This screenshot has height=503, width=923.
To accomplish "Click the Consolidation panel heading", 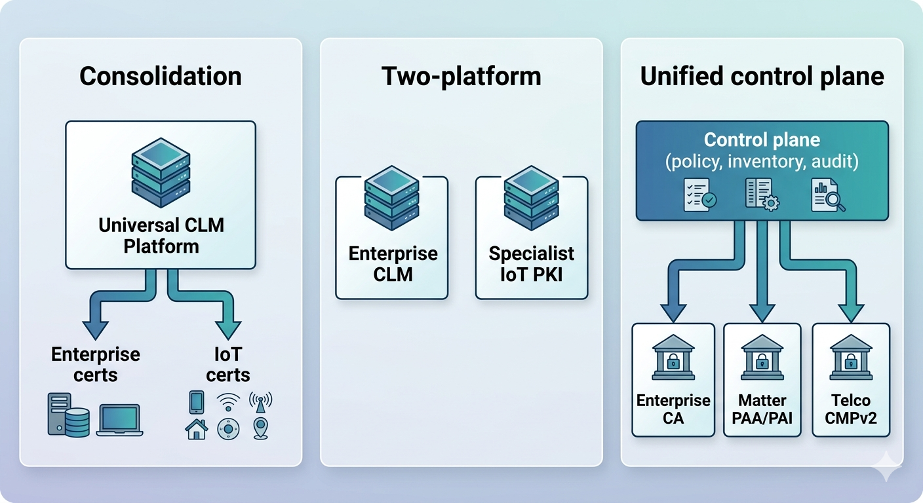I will point(161,77).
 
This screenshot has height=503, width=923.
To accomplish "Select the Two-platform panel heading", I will point(461,77).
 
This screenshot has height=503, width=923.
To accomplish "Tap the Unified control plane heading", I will point(762,77).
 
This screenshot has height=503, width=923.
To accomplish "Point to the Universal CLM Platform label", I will point(161,236).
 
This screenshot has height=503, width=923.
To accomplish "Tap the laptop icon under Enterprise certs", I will point(119,420).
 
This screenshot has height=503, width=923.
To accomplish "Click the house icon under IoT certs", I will point(197,429).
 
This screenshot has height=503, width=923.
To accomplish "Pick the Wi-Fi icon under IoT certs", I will point(228,400).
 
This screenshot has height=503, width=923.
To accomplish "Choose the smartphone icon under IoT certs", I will point(197,401).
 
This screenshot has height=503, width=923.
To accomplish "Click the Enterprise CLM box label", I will point(392,263).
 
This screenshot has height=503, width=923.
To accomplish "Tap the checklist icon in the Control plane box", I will point(699,195).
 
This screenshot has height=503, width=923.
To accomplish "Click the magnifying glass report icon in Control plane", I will point(827,195).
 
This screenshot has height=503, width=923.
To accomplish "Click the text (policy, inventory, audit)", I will point(762,161).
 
